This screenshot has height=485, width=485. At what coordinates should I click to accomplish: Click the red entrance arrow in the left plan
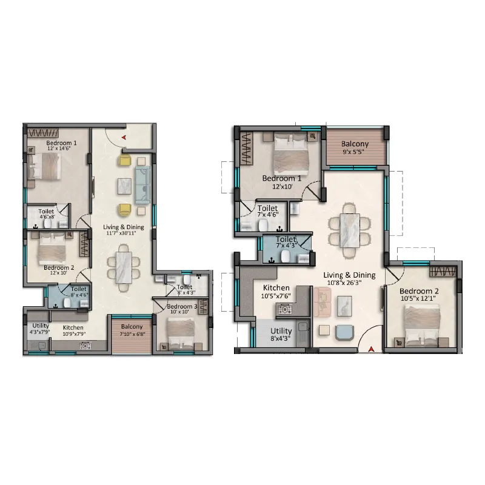[124, 137]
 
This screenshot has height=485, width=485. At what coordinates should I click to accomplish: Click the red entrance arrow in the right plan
[371, 349]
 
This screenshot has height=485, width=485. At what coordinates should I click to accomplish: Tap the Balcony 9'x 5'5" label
[355, 147]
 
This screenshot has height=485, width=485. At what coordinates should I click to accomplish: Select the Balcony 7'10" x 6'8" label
[132, 330]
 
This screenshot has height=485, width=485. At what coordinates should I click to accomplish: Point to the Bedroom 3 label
[182, 306]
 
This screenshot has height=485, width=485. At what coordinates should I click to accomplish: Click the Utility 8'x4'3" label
[281, 335]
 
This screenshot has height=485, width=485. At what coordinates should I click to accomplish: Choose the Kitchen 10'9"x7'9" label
[73, 330]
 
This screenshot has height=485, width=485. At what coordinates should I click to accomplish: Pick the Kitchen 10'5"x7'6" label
[276, 292]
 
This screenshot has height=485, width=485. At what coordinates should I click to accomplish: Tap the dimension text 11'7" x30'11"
[121, 233]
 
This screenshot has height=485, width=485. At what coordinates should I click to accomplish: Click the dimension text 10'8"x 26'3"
[344, 283]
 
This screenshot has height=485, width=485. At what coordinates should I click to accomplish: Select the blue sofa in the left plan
[142, 185]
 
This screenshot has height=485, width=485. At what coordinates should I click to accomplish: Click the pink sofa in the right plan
[323, 302]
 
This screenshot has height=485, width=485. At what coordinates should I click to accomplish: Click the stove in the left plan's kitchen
[85, 346]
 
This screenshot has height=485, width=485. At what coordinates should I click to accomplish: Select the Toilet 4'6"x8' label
[47, 214]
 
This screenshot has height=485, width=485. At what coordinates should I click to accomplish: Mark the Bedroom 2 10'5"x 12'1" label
[419, 295]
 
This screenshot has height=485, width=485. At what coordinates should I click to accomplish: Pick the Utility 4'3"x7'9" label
[40, 329]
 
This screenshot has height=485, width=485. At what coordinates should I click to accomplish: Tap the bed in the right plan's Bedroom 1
[292, 154]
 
